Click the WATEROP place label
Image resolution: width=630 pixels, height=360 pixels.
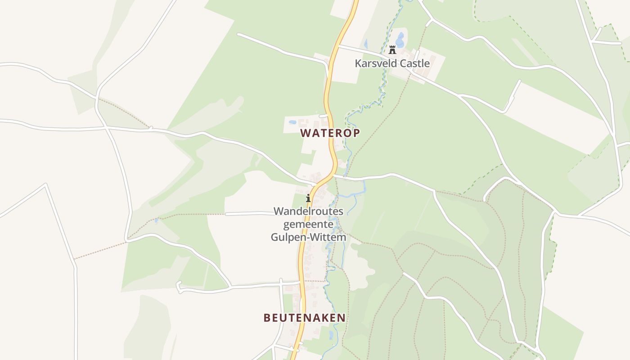330,133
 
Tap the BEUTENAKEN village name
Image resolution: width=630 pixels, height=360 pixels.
305,318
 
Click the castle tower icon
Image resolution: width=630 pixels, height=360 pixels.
392,50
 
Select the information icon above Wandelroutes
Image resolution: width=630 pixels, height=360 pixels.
308,198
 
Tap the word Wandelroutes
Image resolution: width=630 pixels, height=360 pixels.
308,211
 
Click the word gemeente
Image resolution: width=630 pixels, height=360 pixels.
308,224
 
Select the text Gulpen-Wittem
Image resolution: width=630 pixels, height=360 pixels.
308,237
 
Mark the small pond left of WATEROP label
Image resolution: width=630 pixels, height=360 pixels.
292,122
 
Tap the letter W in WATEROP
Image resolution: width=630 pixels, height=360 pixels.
306,133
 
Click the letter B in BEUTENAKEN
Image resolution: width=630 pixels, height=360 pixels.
267,318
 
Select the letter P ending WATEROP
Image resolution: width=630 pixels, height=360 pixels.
356,133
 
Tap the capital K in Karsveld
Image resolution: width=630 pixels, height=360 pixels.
358,63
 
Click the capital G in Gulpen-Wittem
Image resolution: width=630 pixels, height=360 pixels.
274,237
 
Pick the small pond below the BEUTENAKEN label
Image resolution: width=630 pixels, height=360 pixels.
331,335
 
